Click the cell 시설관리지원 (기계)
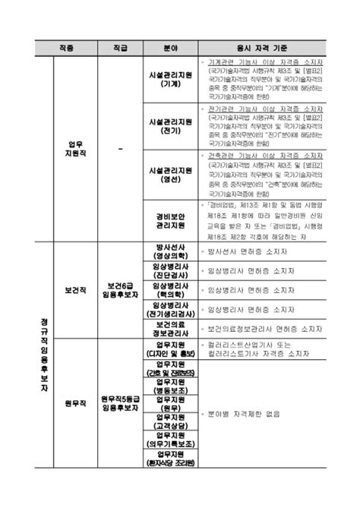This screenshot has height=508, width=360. coord(170,81)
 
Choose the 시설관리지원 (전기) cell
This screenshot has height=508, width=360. coord(170,125)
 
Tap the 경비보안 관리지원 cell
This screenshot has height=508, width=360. coord(170,219)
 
